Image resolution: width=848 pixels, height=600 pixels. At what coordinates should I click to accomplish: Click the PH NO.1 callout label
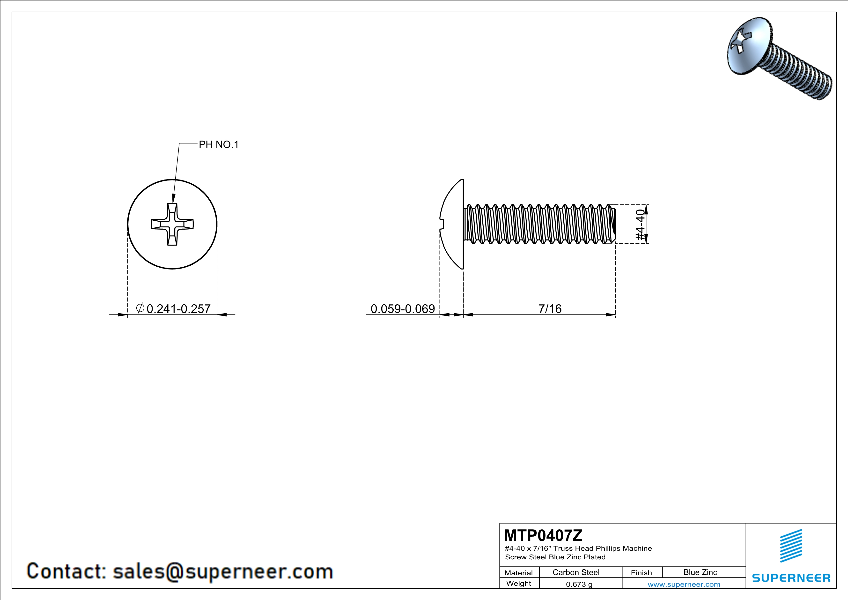coord(219,144)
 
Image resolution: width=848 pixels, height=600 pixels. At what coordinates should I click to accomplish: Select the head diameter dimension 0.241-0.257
coord(178,308)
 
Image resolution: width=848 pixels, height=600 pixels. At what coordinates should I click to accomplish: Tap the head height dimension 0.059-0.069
coord(403,308)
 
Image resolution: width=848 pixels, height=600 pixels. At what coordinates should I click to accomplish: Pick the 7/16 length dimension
coord(550,308)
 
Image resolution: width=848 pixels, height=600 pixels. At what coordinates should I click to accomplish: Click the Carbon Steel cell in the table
coord(576,572)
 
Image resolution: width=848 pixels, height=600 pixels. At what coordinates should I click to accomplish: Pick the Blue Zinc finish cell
coord(700,572)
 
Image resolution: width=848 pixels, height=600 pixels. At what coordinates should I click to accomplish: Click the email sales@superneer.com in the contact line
coord(223,571)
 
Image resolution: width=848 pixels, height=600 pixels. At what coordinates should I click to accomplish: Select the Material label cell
coord(519,573)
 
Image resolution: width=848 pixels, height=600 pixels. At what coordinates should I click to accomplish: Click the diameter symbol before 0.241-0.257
coord(140,308)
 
